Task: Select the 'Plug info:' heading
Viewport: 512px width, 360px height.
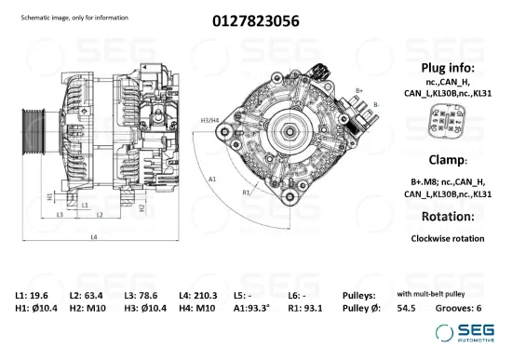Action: click(448, 68)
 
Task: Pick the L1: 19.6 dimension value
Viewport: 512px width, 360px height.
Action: click(33, 294)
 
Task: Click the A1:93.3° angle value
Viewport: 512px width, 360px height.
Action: click(251, 307)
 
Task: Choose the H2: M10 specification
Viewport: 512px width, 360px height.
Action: click(88, 307)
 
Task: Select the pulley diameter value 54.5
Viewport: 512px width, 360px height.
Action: click(407, 307)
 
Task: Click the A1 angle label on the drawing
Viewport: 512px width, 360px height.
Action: click(212, 177)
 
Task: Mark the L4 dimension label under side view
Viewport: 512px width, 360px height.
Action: click(93, 238)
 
